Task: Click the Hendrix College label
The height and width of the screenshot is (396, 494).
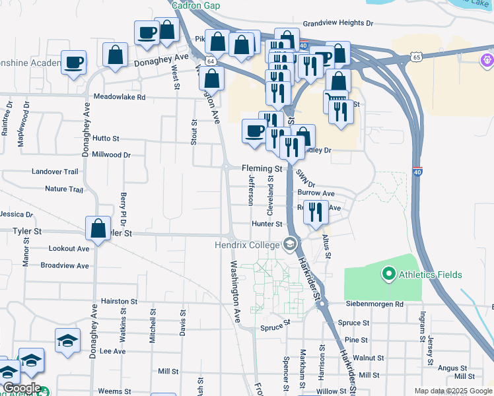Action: (x=246, y=245)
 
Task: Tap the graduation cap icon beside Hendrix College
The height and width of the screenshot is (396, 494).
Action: (x=289, y=245)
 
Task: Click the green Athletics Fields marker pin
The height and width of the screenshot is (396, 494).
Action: (x=388, y=273)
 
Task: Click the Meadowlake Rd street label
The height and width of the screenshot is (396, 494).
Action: (x=119, y=97)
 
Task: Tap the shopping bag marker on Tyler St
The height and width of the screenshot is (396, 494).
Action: (x=98, y=228)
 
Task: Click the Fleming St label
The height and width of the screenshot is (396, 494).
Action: (x=262, y=168)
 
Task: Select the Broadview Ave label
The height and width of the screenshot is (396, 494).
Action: (x=65, y=265)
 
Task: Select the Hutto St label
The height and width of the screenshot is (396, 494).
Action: (x=106, y=139)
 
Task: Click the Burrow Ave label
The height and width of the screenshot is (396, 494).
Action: (x=316, y=193)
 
